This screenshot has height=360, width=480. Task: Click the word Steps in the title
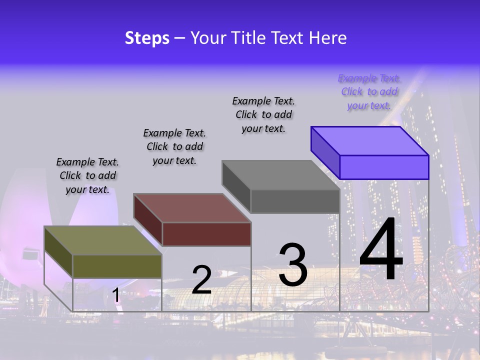point(147,38)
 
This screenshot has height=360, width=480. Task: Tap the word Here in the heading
point(327,38)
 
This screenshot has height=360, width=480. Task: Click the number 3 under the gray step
point(292,265)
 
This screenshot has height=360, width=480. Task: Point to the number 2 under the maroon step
point(201,280)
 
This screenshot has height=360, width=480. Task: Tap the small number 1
point(116,295)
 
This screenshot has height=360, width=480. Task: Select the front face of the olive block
point(117,266)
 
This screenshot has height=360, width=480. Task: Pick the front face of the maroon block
point(206,234)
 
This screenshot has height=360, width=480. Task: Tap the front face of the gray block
point(295,201)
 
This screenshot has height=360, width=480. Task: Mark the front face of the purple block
point(384,167)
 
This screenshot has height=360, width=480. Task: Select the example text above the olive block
point(87,176)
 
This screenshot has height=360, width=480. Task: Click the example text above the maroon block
point(174,146)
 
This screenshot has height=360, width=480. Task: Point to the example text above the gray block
point(263,114)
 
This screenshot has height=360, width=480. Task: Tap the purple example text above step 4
point(369,92)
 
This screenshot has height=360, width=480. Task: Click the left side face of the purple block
point(325,152)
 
